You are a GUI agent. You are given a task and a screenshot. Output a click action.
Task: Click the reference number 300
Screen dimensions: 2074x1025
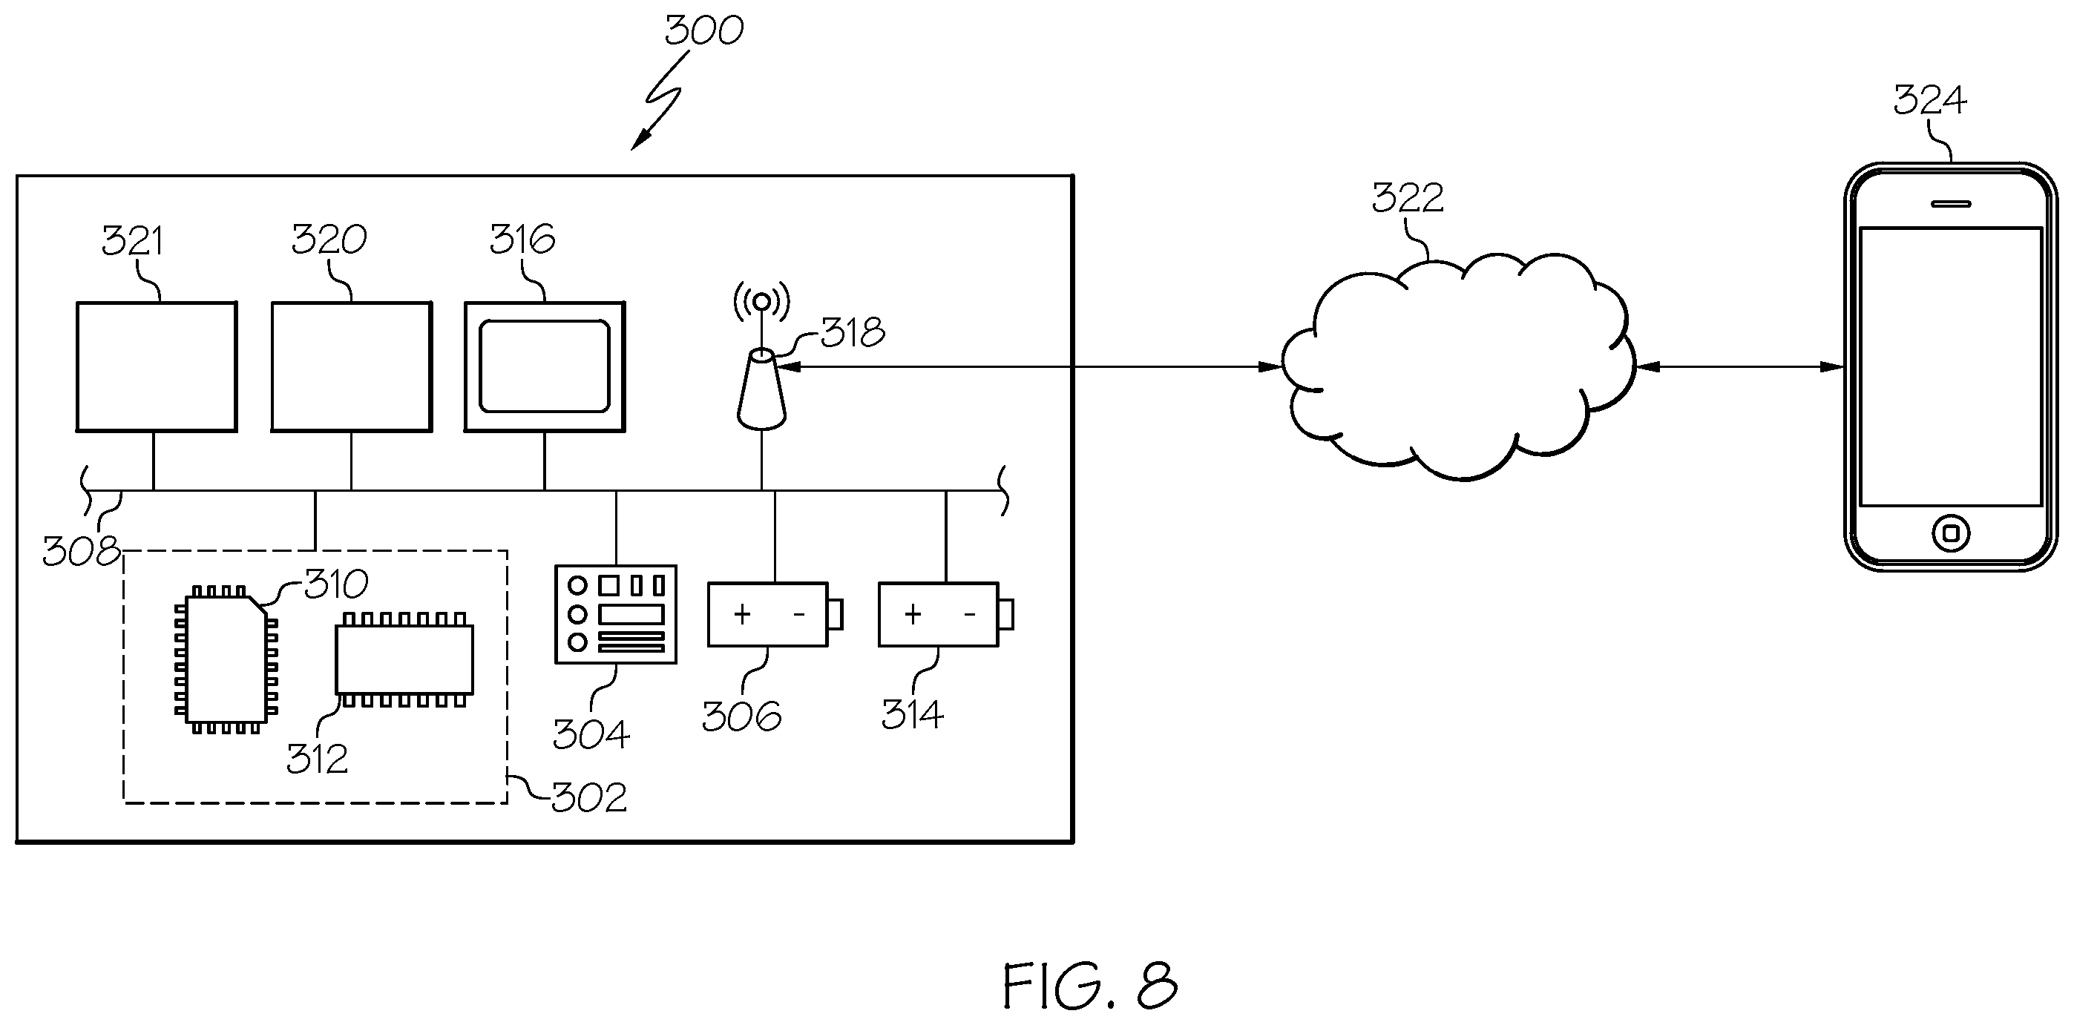pyautogui.click(x=703, y=30)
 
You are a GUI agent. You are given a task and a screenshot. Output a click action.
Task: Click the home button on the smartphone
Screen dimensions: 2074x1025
pyautogui.click(x=1951, y=533)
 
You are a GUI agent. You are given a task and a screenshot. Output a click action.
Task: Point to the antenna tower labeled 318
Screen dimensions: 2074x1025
pyautogui.click(x=761, y=389)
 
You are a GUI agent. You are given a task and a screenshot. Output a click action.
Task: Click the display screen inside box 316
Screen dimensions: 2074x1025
pyautogui.click(x=544, y=366)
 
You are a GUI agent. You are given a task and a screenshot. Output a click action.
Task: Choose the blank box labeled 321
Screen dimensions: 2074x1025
pyautogui.click(x=156, y=367)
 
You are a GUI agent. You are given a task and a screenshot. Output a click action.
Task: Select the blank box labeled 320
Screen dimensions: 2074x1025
pyautogui.click(x=351, y=367)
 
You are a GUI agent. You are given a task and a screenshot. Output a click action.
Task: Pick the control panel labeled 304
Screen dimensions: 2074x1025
pyautogui.click(x=616, y=615)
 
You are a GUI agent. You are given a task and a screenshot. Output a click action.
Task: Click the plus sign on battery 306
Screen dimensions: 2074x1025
pyautogui.click(x=742, y=615)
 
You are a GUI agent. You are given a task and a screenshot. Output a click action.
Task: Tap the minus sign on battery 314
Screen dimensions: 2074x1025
pyautogui.click(x=969, y=616)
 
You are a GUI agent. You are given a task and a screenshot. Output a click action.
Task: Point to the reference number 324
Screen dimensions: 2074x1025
pyautogui.click(x=1929, y=101)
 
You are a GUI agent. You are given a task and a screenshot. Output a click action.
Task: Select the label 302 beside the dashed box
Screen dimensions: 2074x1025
pyautogui.click(x=588, y=797)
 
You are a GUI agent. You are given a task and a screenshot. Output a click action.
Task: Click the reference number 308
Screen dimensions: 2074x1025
pyautogui.click(x=81, y=552)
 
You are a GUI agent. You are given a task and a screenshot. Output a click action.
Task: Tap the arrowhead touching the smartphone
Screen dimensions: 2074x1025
pyautogui.click(x=1832, y=367)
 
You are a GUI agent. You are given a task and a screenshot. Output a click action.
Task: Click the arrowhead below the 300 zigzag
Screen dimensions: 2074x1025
pyautogui.click(x=640, y=139)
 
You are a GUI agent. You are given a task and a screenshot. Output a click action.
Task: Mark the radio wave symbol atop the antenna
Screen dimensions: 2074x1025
pyautogui.click(x=761, y=302)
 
